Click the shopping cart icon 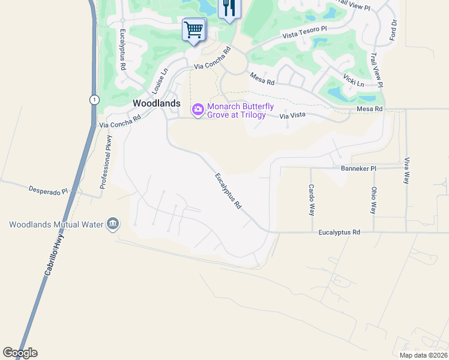(x=194, y=29)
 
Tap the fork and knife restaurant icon (x=229, y=8)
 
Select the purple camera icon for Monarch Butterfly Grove (x=197, y=109)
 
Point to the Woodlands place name (x=156, y=103)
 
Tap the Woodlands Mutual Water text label (x=55, y=225)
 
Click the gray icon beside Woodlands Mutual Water (x=112, y=224)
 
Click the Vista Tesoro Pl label (x=305, y=33)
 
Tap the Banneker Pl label (x=358, y=169)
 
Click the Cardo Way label (x=312, y=200)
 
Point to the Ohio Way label (x=373, y=200)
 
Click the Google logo (x=20, y=353)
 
